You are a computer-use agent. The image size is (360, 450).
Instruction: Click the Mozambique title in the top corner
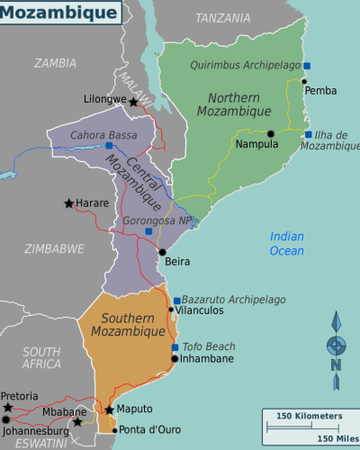pyautogui.click(x=58, y=13)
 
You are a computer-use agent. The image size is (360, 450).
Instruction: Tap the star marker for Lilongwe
pyautogui.click(x=134, y=103)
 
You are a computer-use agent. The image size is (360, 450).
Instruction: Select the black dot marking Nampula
pyautogui.click(x=270, y=133)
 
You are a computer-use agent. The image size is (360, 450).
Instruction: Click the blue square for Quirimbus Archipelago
pyautogui.click(x=307, y=66)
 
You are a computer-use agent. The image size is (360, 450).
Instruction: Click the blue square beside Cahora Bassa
pyautogui.click(x=109, y=144)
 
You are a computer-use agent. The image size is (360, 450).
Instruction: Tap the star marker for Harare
pyautogui.click(x=69, y=203)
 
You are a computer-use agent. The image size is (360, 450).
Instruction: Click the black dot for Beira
pyautogui.click(x=162, y=252)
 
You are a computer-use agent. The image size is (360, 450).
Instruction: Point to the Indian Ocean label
pyautogui.click(x=287, y=244)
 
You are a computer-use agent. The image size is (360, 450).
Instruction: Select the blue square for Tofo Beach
pyautogui.click(x=175, y=347)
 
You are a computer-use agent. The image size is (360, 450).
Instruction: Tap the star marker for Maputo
pyautogui.click(x=109, y=409)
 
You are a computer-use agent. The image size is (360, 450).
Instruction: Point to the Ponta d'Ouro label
pyautogui.click(x=148, y=429)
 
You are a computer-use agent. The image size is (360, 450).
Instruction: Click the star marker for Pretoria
pyautogui.click(x=8, y=409)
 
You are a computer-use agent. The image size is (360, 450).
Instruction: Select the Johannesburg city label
pyautogui.click(x=36, y=430)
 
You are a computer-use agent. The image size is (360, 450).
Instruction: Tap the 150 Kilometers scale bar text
pyautogui.click(x=309, y=416)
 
